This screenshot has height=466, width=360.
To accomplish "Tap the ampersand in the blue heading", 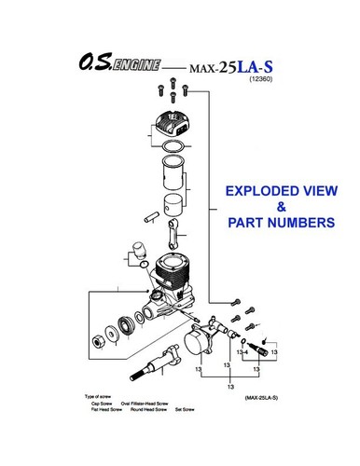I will (280, 209).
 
